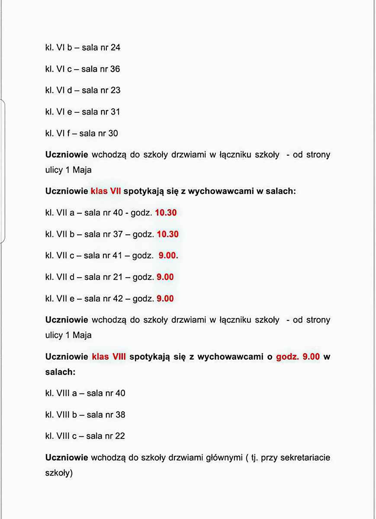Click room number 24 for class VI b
[x=115, y=48]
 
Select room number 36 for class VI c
[x=115, y=69]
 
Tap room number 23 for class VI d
[x=116, y=90]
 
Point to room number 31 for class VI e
[x=115, y=112]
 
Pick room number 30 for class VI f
[x=113, y=134]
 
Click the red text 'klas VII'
[x=106, y=191]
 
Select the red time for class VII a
[x=166, y=213]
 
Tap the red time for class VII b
[x=167, y=234]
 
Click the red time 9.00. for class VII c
[x=168, y=256]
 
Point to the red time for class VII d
[x=165, y=277]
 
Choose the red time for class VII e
[x=165, y=299]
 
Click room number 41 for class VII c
[x=118, y=256]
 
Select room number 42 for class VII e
[x=118, y=299]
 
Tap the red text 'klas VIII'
[x=109, y=357]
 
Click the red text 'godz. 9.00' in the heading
[x=298, y=357]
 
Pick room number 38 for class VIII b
[x=120, y=415]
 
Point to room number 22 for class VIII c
[x=120, y=436]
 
